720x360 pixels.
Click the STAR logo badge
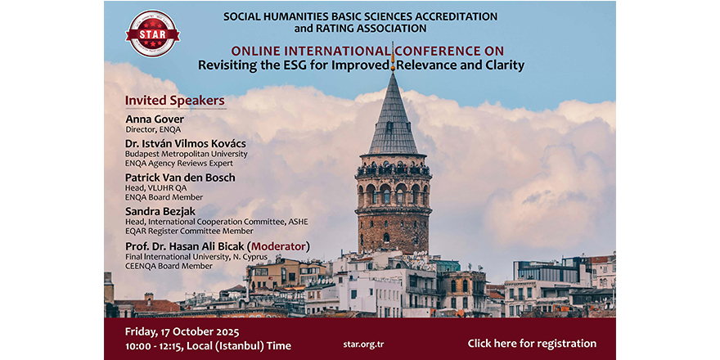[152, 33]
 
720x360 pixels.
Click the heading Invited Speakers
[175, 101]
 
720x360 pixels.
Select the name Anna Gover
[155, 119]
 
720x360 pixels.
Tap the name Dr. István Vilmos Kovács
[186, 144]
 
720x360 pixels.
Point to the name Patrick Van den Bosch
[180, 178]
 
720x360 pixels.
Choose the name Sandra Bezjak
[160, 212]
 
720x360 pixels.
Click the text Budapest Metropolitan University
[186, 154]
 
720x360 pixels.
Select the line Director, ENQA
[153, 129]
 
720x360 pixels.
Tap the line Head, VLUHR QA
[156, 188]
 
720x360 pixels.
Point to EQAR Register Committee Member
[189, 231]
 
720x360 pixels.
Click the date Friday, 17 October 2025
[182, 332]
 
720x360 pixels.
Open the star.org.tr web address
[360, 344]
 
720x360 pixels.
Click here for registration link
[532, 344]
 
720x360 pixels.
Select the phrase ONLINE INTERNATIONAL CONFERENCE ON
[367, 51]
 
